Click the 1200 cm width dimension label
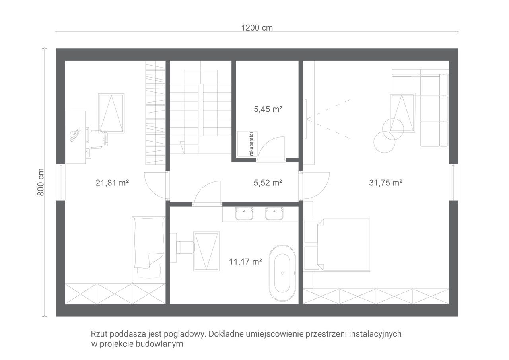[x=257, y=28]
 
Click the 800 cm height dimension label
[x=41, y=182]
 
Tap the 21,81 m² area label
[x=112, y=183]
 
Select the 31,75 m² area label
[x=386, y=183]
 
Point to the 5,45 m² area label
[x=268, y=109]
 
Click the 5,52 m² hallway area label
[x=268, y=183]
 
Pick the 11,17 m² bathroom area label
[x=245, y=262]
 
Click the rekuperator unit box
[x=247, y=144]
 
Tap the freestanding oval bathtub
[x=282, y=273]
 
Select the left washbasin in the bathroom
[x=244, y=214]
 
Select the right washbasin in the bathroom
[x=274, y=214]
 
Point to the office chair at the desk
[x=100, y=139]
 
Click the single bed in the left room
[x=149, y=250]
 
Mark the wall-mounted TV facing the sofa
[x=306, y=119]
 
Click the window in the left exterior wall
[x=61, y=182]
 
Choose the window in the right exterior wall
[x=453, y=182]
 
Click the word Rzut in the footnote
[x=99, y=334]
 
